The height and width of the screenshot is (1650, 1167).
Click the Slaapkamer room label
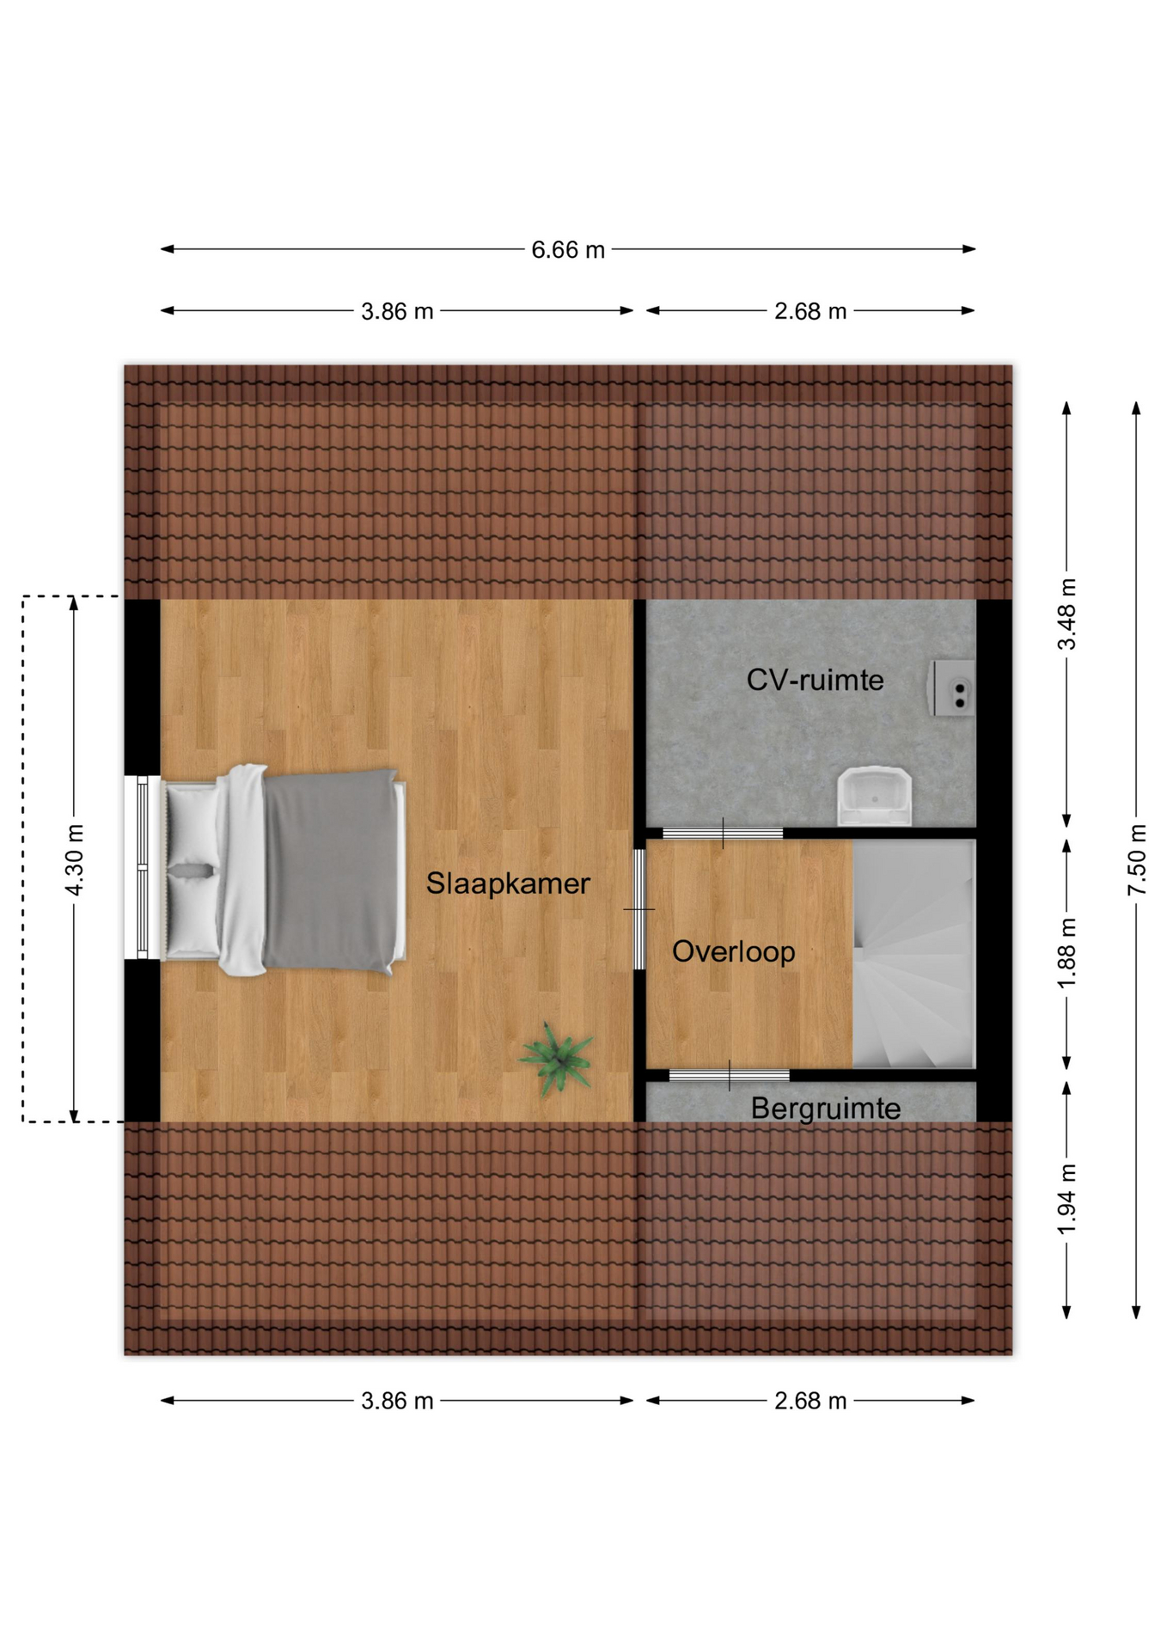point(508,883)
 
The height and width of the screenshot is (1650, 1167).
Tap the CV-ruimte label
point(815,680)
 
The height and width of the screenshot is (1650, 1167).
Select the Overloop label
point(733,951)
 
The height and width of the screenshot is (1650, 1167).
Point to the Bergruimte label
point(825,1108)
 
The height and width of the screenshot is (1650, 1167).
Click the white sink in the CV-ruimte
point(874,796)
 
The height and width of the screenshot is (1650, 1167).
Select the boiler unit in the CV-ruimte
point(952,687)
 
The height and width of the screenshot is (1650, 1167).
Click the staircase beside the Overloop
point(913,954)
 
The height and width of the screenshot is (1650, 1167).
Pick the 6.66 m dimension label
point(568,250)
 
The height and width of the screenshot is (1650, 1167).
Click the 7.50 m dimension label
point(1136,859)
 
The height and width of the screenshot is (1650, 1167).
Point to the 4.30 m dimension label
point(75,859)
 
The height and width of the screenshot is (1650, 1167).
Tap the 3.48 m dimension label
point(1066,614)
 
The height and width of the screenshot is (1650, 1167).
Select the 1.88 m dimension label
point(1066,953)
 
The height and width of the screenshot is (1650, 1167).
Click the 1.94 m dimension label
point(1066,1199)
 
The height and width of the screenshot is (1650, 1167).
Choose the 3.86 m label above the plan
point(397,311)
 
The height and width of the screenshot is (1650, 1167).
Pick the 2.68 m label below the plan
point(810,1401)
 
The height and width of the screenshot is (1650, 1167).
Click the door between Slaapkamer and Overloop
point(639,909)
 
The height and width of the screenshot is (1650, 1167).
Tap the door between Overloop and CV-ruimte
point(723,833)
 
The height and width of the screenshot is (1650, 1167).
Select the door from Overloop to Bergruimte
point(729,1075)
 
